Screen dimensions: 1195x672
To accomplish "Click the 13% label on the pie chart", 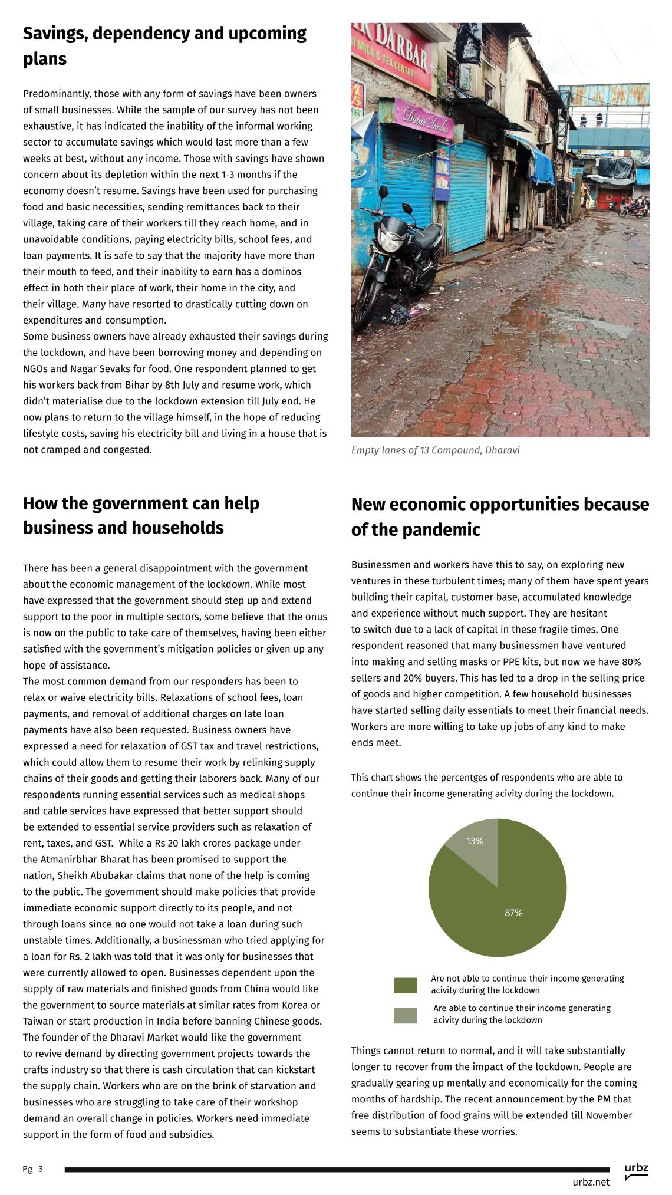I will [x=475, y=841].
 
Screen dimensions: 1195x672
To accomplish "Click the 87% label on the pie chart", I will [x=513, y=913].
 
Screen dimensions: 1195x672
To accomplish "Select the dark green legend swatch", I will [x=406, y=985].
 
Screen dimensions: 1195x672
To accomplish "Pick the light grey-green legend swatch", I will [x=406, y=1015].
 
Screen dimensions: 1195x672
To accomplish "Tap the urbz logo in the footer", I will [x=636, y=1170].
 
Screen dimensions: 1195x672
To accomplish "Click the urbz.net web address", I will [x=591, y=1182].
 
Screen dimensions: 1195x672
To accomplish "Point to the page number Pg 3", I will [x=33, y=1169].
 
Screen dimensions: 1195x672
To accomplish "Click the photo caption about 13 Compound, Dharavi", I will [x=435, y=450].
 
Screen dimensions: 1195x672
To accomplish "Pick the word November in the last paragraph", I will [x=607, y=1115].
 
